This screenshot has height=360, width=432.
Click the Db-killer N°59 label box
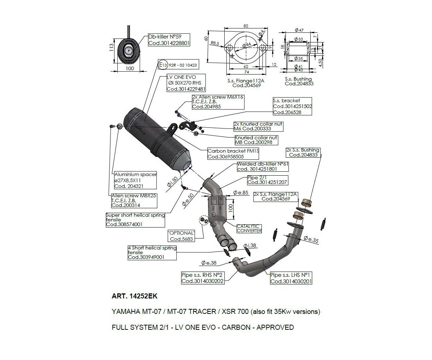[169, 40]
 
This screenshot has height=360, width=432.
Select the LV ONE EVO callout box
[186, 83]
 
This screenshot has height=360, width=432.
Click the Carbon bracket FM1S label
[228, 154]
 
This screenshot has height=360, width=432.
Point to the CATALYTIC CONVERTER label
[249, 228]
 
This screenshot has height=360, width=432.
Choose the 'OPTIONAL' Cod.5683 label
[181, 236]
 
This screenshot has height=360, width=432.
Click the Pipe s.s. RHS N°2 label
[203, 278]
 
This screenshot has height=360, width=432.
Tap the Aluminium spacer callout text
[135, 180]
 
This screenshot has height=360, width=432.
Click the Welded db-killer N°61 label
[262, 166]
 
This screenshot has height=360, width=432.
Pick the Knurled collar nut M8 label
[256, 140]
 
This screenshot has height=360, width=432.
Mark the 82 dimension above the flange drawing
[246, 26]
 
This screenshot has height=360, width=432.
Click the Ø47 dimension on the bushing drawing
[298, 30]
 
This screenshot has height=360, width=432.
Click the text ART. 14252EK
[134, 296]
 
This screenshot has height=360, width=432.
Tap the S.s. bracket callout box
[292, 107]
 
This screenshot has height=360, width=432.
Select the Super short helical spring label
[135, 220]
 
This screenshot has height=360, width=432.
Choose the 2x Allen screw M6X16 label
[218, 102]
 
